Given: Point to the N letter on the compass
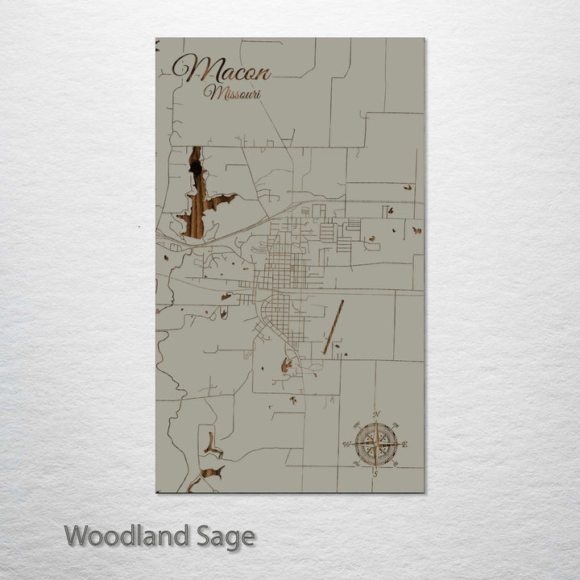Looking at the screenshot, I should point(376,416).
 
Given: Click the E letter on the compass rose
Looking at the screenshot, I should point(404,444).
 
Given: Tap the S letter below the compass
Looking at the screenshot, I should point(375,474).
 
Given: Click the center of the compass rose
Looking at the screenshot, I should point(376,444).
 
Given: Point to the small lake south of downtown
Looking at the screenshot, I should point(286,367).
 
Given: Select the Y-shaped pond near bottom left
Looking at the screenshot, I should point(213,444).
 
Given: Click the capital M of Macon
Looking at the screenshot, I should point(188,69).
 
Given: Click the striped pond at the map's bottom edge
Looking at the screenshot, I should point(208,475).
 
